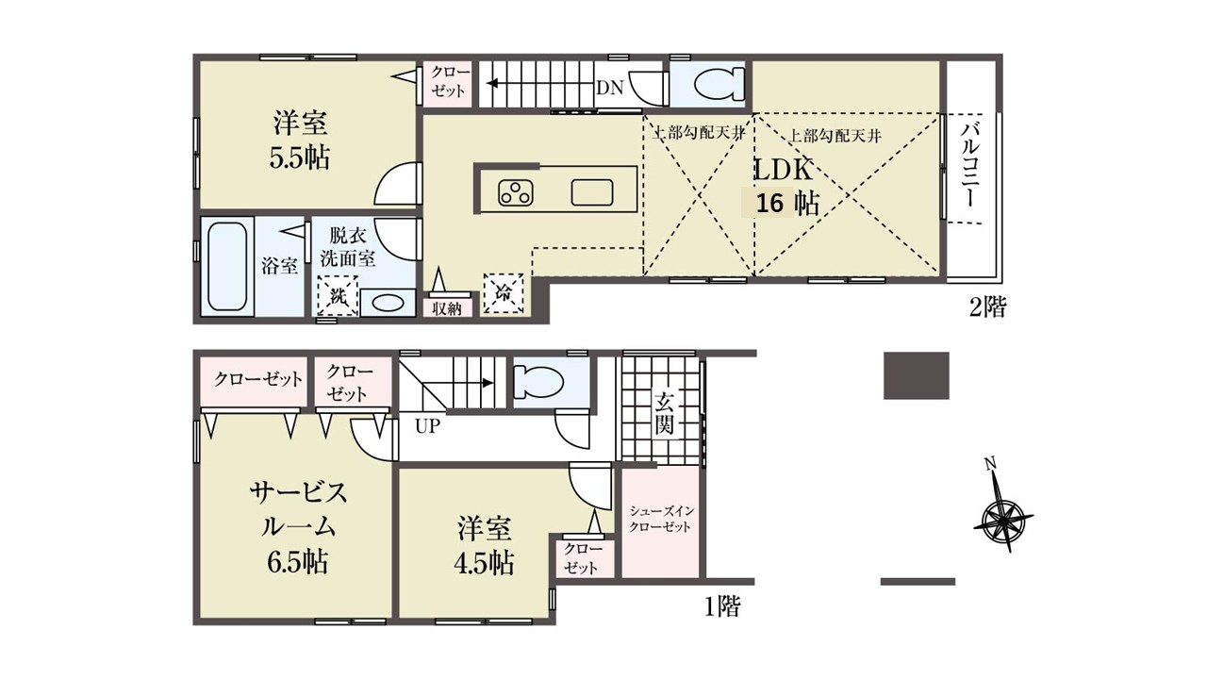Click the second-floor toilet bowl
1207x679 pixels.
[x=719, y=85]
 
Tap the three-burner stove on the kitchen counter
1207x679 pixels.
[x=516, y=193]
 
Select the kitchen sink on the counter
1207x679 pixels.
[x=591, y=192]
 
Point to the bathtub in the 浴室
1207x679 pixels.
[x=227, y=266]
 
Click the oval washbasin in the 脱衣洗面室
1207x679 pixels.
[x=388, y=304]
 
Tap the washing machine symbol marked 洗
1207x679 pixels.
[x=338, y=295]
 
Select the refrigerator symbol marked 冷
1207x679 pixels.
[x=504, y=293]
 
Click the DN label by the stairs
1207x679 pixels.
[x=610, y=88]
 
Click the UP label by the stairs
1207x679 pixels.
[x=427, y=427]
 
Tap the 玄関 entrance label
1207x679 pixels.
[x=664, y=413]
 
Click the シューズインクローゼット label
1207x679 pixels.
[x=661, y=519]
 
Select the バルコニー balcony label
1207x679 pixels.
[x=970, y=166]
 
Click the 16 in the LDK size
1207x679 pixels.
[x=769, y=205]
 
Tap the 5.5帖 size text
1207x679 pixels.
[x=300, y=157]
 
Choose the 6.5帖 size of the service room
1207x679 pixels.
[x=297, y=562]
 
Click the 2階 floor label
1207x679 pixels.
[x=987, y=307]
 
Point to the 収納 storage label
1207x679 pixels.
[x=447, y=309]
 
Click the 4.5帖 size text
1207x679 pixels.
[x=484, y=563]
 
